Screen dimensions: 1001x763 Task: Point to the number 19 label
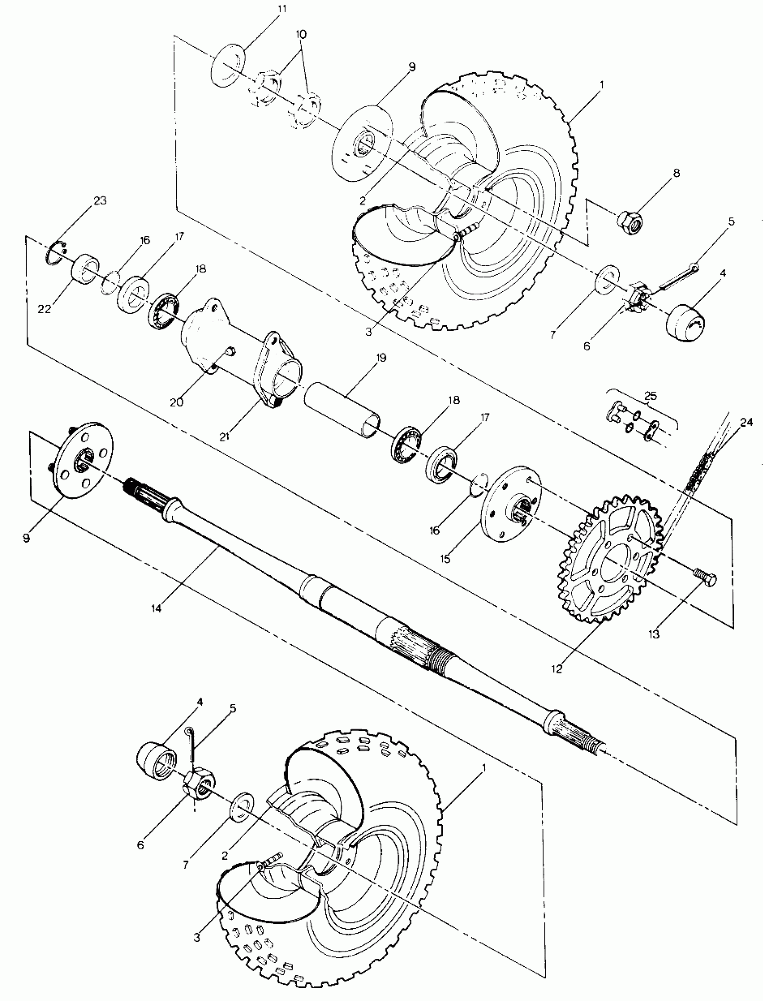click(x=381, y=358)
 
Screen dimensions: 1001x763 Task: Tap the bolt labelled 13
click(x=705, y=579)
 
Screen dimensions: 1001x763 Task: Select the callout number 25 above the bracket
click(x=650, y=396)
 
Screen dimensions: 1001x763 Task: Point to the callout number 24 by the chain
click(x=746, y=422)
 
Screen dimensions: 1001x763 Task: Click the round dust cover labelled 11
click(x=228, y=65)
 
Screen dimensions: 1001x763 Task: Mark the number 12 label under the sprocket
click(x=557, y=669)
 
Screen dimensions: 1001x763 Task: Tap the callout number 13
click(x=654, y=634)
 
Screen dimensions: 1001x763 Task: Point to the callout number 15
click(x=446, y=559)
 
